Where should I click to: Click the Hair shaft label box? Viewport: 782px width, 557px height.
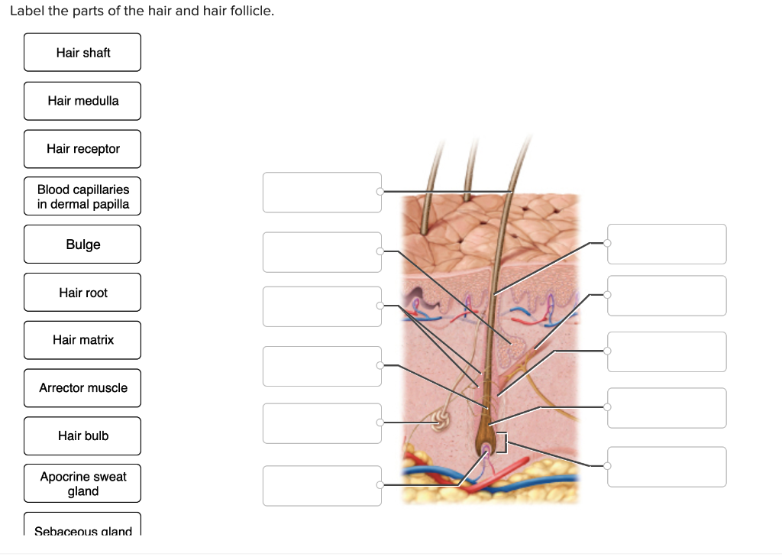point(82,53)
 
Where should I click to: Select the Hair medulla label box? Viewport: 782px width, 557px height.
point(82,101)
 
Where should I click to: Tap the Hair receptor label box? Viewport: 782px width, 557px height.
point(82,149)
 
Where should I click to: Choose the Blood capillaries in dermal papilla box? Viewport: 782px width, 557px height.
point(82,196)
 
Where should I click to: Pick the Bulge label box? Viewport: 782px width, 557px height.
point(82,244)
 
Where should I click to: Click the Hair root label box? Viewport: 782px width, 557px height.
point(82,292)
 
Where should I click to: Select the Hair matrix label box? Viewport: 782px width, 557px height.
point(82,340)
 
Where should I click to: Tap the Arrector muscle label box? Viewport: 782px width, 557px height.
point(82,388)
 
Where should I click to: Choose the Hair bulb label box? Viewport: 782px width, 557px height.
point(82,436)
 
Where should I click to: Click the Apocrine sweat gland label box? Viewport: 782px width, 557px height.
point(82,483)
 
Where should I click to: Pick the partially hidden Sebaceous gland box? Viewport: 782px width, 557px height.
point(82,525)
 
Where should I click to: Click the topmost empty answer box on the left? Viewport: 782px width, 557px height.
point(322,193)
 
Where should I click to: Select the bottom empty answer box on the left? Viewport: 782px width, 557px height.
point(322,486)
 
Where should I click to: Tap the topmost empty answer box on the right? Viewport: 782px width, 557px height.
point(667,244)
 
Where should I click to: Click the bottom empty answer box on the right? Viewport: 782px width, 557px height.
point(667,467)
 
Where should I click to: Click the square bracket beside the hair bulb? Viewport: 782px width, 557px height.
point(505,442)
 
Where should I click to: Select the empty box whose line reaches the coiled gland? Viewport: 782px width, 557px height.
point(322,423)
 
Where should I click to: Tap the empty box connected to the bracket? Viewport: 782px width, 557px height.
point(667,467)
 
